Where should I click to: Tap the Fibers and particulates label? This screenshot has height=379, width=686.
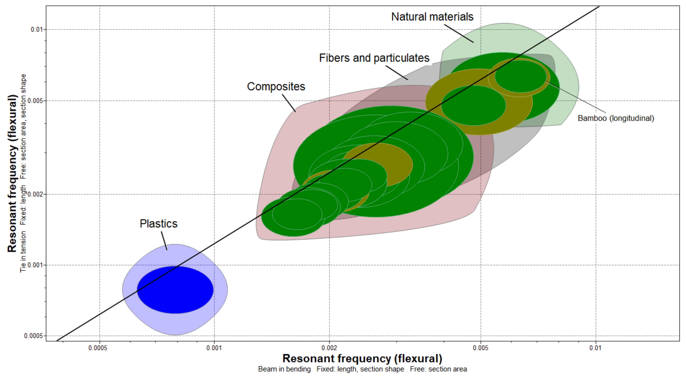[374, 58]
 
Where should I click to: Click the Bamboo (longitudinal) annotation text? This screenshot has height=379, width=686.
[616, 118]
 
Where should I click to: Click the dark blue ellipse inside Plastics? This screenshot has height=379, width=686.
[175, 290]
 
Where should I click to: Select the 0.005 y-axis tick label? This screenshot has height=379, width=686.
[35, 101]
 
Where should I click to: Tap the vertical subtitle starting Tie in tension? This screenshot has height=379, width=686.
[23, 173]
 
